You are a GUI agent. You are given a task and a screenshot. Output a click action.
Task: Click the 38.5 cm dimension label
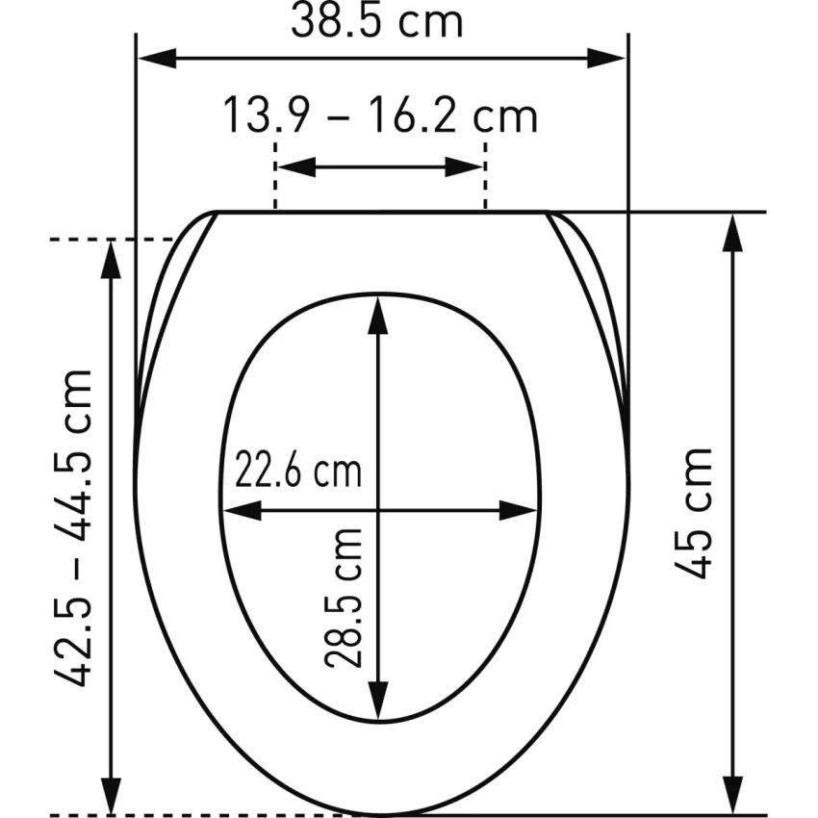coord(376,20)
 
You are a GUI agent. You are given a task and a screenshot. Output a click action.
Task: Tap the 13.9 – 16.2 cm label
coord(380,115)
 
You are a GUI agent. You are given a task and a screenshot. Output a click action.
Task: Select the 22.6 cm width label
coord(298,469)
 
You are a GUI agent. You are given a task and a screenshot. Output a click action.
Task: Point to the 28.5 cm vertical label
coord(344,599)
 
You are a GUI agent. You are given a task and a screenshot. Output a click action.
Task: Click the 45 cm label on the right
coord(693,513)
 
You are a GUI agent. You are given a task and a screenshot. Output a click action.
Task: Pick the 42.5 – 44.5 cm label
coord(73,527)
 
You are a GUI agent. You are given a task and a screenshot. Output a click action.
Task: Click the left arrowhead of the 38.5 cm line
coord(157,59)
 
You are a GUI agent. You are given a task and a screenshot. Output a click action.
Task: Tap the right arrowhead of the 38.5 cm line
coord(606,59)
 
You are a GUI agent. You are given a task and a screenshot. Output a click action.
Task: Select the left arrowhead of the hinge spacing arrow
coord(296,166)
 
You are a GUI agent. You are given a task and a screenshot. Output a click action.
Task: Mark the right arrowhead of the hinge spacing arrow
coord(464,166)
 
